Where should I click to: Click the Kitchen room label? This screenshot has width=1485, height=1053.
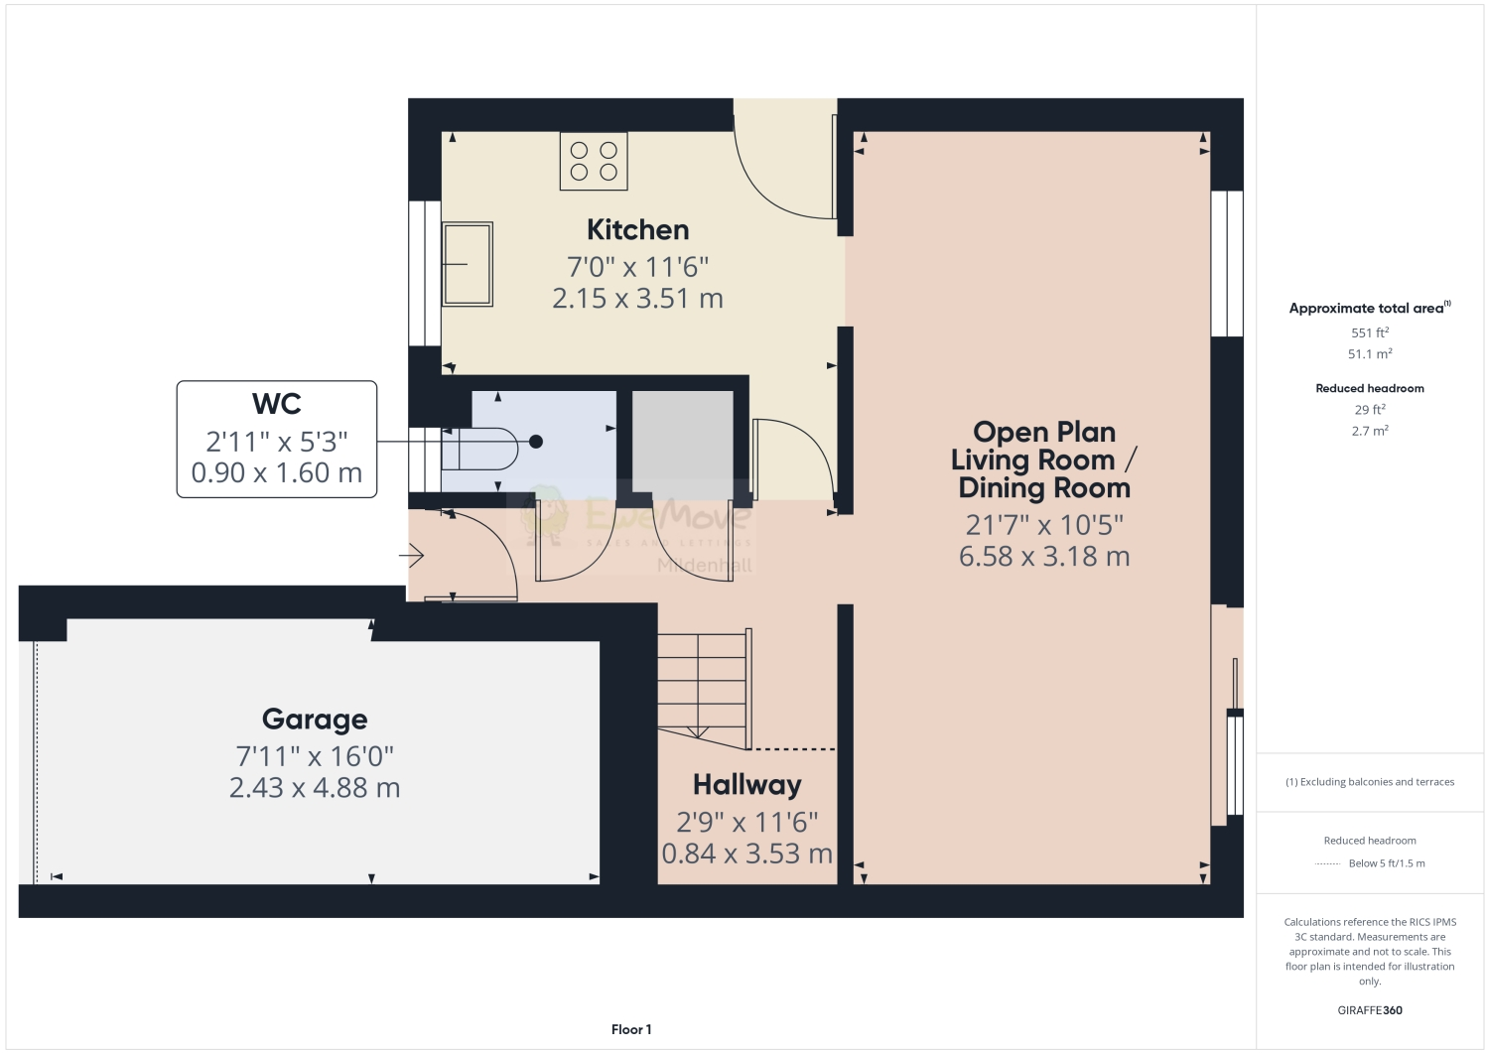point(637,230)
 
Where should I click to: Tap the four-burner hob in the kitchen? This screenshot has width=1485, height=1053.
point(593,162)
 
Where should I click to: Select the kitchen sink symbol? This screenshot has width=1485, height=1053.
point(468,264)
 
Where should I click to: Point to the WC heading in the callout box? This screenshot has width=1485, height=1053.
point(276,404)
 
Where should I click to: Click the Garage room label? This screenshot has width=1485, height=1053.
point(315,720)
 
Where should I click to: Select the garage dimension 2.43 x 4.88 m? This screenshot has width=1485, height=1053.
point(315,788)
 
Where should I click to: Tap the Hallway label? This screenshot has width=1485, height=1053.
point(746,785)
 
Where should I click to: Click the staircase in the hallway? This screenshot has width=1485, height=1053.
point(702,684)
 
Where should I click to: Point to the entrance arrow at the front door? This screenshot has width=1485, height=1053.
point(414,556)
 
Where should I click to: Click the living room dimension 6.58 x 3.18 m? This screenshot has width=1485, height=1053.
point(1043,557)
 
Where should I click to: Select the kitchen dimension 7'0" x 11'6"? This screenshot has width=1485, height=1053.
point(637,267)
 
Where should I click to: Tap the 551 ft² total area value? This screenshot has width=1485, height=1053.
point(1369,333)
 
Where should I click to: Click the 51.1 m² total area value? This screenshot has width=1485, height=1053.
point(1369,354)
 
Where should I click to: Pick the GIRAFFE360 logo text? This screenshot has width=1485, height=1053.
point(1369,1010)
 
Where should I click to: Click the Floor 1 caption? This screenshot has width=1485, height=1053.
point(631,1030)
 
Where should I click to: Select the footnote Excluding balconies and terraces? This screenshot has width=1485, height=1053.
point(1370,782)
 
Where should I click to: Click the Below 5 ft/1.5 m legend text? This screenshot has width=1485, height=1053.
point(1386,863)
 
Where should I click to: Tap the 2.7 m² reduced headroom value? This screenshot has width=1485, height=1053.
point(1369,432)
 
